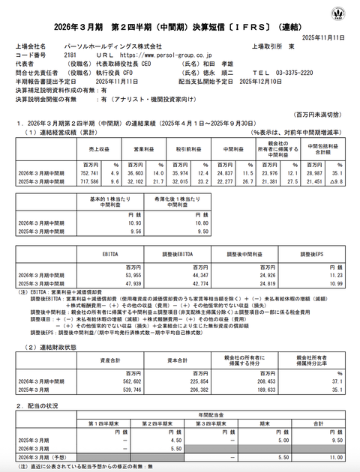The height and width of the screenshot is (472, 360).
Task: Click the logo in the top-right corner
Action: click(x=341, y=13)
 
